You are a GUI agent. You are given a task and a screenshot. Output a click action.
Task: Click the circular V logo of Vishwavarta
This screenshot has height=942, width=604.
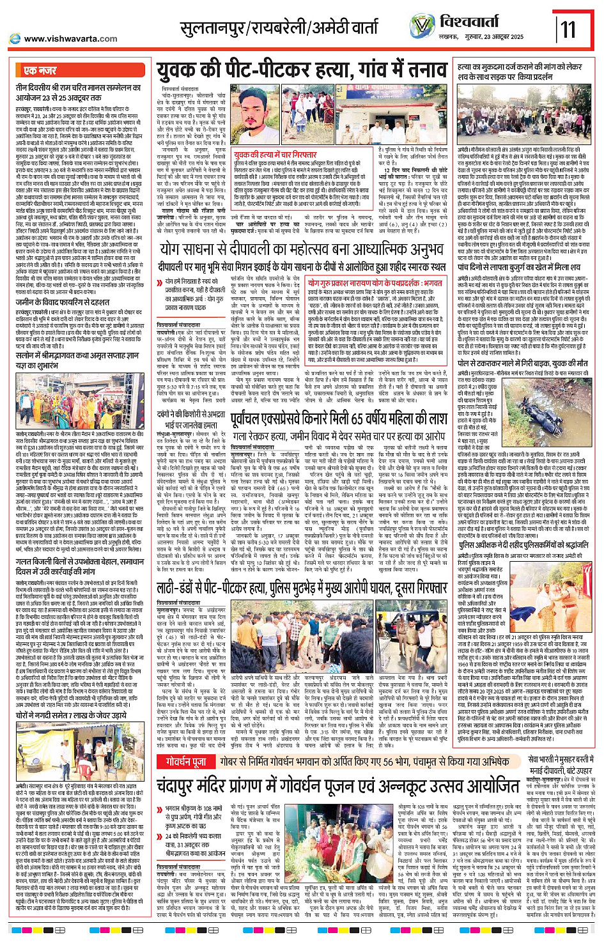tap(422, 26)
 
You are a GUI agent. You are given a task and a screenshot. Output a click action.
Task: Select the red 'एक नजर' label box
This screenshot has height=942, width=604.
tap(40, 70)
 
